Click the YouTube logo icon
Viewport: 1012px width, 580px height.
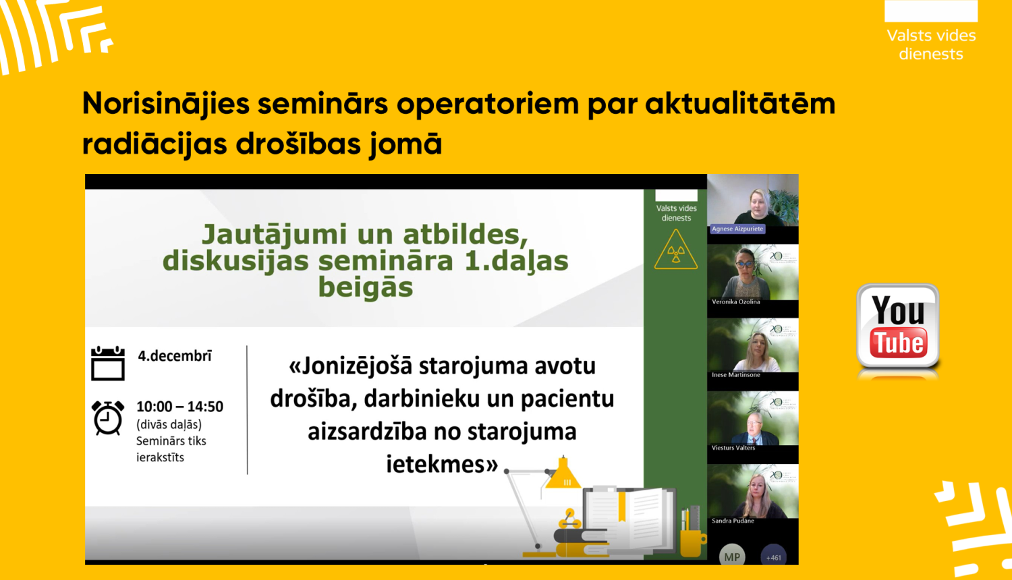(x=897, y=326)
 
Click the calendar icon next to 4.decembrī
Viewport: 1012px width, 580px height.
(x=108, y=364)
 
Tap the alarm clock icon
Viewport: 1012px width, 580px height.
(x=108, y=417)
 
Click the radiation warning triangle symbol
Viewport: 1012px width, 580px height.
(x=675, y=250)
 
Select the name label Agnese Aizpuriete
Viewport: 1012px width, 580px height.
(x=737, y=229)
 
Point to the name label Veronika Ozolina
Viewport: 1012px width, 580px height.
(x=735, y=302)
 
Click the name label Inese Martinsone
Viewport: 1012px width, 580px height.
(x=735, y=375)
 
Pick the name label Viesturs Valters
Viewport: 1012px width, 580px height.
(x=733, y=448)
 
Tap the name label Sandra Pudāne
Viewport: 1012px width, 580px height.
(x=733, y=521)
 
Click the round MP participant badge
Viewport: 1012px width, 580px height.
(x=732, y=556)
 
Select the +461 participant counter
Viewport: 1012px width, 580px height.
(x=773, y=556)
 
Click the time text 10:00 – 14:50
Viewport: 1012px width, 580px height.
(x=179, y=407)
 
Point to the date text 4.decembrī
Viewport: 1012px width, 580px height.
(x=175, y=356)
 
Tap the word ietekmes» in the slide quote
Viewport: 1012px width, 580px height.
(x=442, y=464)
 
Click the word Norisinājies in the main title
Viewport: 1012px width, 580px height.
(x=166, y=104)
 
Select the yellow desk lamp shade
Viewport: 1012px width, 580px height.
(x=563, y=475)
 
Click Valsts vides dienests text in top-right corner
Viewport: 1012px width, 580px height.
(x=931, y=45)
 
